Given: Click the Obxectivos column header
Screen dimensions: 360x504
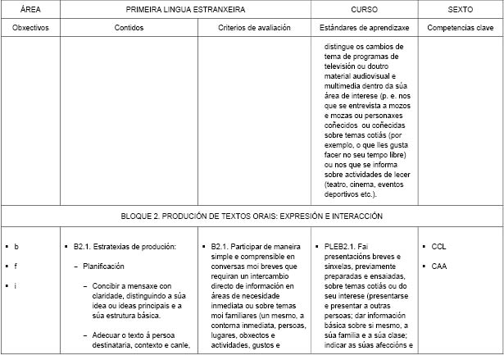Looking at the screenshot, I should (x=30, y=27).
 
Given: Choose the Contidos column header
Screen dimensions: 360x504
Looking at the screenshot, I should (x=129, y=27).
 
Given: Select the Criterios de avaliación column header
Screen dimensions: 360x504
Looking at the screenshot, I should (x=254, y=27).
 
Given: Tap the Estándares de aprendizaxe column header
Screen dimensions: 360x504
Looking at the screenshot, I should (x=364, y=27).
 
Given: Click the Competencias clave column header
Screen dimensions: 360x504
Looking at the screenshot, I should (x=460, y=27).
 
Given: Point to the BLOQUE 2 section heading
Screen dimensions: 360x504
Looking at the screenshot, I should (x=252, y=216).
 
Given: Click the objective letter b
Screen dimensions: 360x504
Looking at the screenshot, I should (x=16, y=247).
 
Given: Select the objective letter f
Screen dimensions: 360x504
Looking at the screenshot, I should (x=16, y=266).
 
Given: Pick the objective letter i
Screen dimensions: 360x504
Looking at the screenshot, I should (x=16, y=285).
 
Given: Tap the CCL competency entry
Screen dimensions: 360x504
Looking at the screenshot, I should (x=438, y=247).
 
